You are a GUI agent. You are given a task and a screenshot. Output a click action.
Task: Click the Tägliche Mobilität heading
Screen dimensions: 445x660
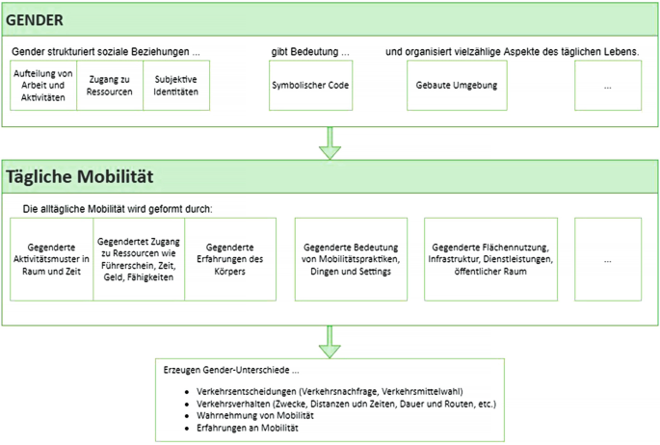tap(80, 178)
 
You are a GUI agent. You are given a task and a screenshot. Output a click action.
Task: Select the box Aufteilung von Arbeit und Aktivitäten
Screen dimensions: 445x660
tap(43, 85)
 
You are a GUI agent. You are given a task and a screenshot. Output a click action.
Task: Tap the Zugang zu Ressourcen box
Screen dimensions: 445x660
tap(109, 85)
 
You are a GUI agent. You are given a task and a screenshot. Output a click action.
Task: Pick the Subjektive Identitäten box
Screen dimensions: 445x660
tap(175, 85)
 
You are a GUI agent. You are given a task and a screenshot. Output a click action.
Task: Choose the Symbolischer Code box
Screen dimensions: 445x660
tap(309, 85)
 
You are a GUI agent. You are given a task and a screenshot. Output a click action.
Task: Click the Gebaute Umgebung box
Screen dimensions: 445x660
tap(456, 85)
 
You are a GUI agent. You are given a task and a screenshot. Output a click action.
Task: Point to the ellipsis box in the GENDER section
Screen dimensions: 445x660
tap(607, 85)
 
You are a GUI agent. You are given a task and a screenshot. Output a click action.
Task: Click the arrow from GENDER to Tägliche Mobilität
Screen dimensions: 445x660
tap(330, 142)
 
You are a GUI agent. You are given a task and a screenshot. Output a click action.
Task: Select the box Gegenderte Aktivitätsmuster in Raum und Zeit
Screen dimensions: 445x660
tap(52, 258)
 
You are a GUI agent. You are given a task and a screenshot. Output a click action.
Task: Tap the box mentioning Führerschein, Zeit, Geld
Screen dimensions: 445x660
tap(139, 258)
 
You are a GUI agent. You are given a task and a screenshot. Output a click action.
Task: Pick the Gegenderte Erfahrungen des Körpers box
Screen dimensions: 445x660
tap(229, 258)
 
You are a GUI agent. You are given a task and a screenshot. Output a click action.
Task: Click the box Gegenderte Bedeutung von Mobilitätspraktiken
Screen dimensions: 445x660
tap(350, 258)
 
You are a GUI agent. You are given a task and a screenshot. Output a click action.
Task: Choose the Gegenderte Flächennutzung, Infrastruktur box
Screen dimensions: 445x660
tap(491, 258)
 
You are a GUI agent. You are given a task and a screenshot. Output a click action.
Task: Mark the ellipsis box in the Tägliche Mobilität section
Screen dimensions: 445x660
tap(607, 258)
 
